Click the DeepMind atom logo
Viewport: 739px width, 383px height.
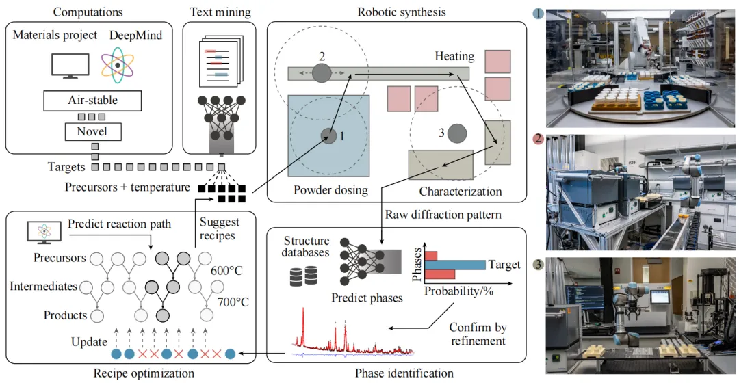118,64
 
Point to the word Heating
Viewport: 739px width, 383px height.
454,55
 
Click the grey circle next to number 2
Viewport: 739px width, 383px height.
322,72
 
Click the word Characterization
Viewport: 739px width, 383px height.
460,191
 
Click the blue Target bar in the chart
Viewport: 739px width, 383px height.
455,264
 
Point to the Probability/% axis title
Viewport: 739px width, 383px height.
458,290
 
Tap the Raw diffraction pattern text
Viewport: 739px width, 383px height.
443,215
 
